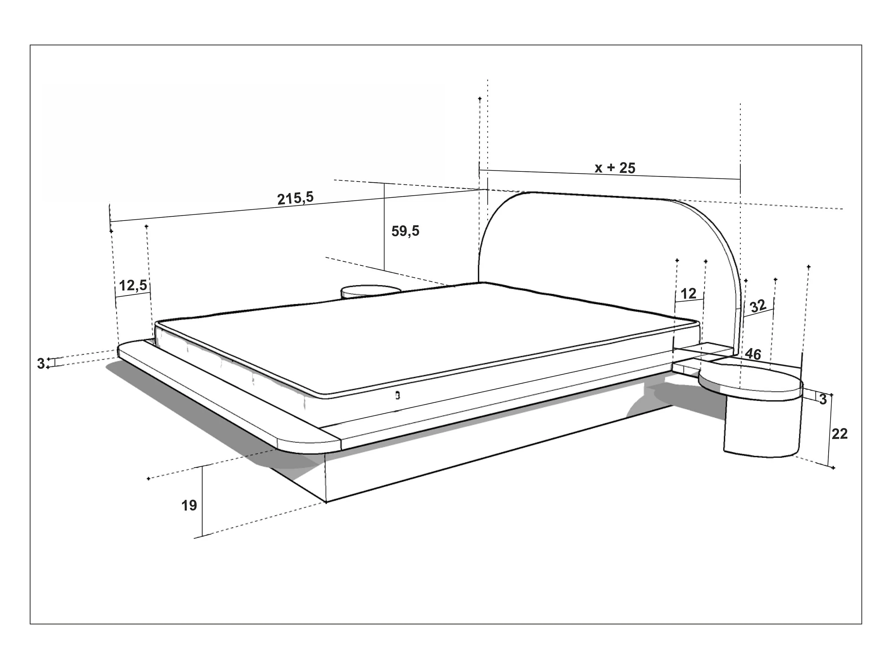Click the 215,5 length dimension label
pyautogui.click(x=295, y=198)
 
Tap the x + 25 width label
pyautogui.click(x=615, y=168)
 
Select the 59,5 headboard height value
pyautogui.click(x=405, y=231)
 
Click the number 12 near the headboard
pyautogui.click(x=689, y=294)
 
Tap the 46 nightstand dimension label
pyautogui.click(x=753, y=354)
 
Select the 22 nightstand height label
pyautogui.click(x=840, y=434)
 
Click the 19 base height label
pyautogui.click(x=189, y=505)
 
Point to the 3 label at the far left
pyautogui.click(x=41, y=364)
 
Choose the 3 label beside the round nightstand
pyautogui.click(x=823, y=399)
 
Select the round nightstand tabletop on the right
pyautogui.click(x=750, y=381)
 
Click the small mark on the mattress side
pyautogui.click(x=398, y=395)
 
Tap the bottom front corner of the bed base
pyautogui.click(x=326, y=502)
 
